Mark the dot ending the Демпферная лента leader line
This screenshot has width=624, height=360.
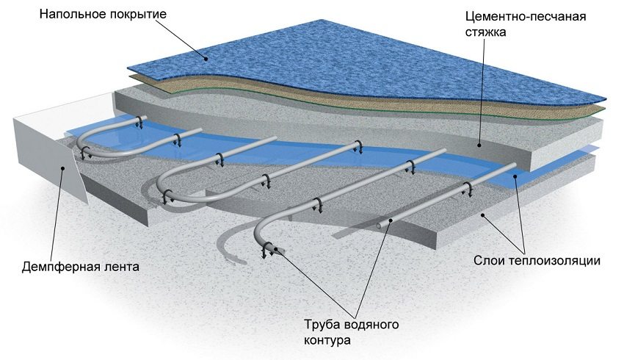64,168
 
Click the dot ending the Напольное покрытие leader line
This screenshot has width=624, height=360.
208,57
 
